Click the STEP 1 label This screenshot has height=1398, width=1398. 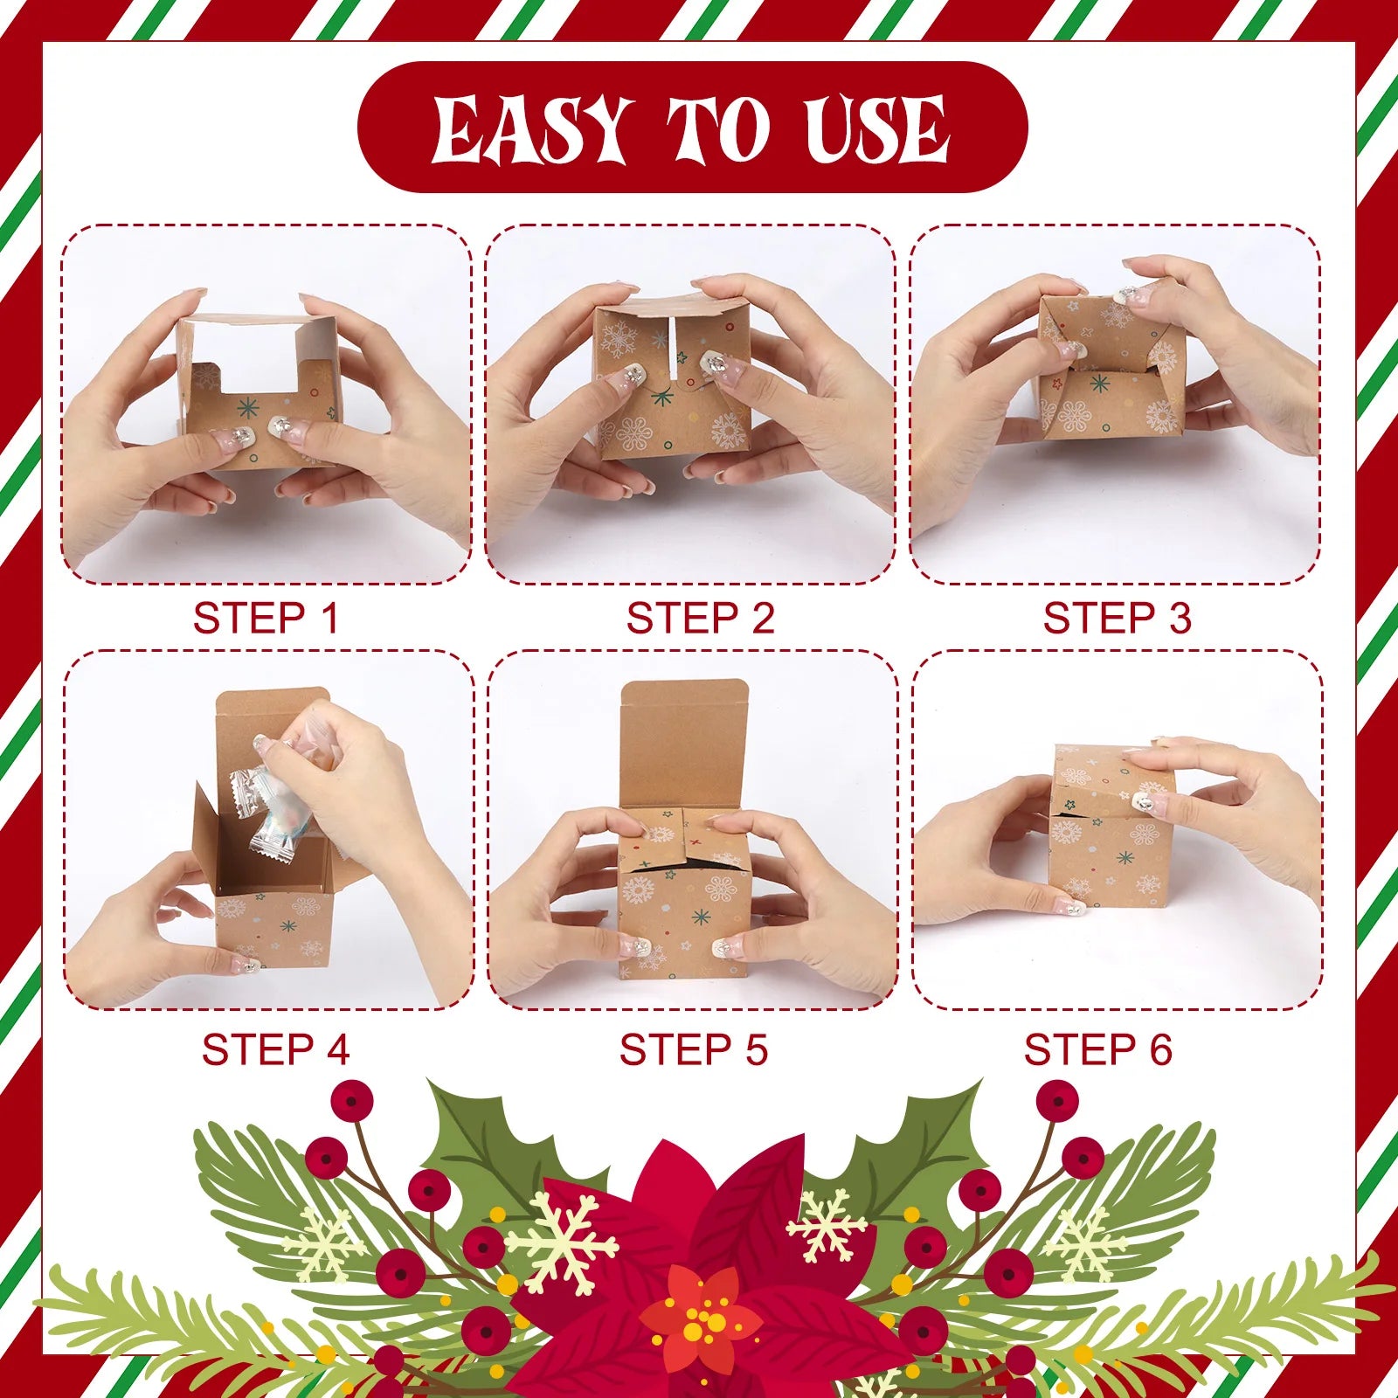[x=265, y=619]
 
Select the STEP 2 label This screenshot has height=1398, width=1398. [x=700, y=619]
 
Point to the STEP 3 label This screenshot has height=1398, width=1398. [x=1117, y=619]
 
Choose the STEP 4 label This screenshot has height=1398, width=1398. [x=275, y=1049]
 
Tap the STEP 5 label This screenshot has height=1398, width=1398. [x=693, y=1049]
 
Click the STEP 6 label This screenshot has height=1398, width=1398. [x=1097, y=1049]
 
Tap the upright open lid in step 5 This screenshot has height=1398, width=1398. [x=683, y=743]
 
